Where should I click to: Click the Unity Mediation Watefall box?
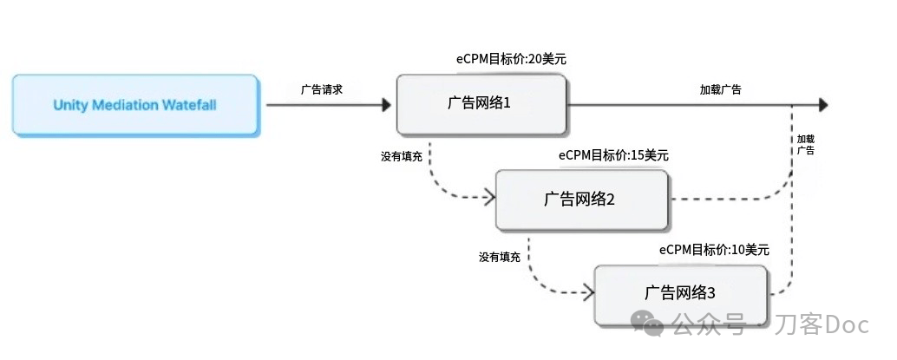coord(135,105)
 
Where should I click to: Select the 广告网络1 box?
coord(481,104)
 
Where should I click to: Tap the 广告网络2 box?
coord(581,200)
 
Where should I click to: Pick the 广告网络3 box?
coord(680,294)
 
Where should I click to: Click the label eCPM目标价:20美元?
coord(510,59)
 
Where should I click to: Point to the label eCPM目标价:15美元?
coord(614,155)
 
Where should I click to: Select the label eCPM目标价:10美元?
coord(714,250)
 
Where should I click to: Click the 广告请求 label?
coord(322,90)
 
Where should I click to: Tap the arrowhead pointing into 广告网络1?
coord(386,105)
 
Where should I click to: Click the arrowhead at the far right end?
coord(824,105)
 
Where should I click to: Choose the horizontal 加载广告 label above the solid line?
coord(721,90)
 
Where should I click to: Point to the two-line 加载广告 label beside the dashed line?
coord(806,145)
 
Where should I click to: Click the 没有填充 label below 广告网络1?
coord(402,156)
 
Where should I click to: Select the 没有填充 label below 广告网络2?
coord(500,257)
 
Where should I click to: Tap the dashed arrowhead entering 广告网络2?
coord(489,198)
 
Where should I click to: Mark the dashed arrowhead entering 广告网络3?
coord(588,293)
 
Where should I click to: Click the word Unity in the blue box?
coord(68,105)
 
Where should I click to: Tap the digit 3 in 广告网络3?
coord(711,293)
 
